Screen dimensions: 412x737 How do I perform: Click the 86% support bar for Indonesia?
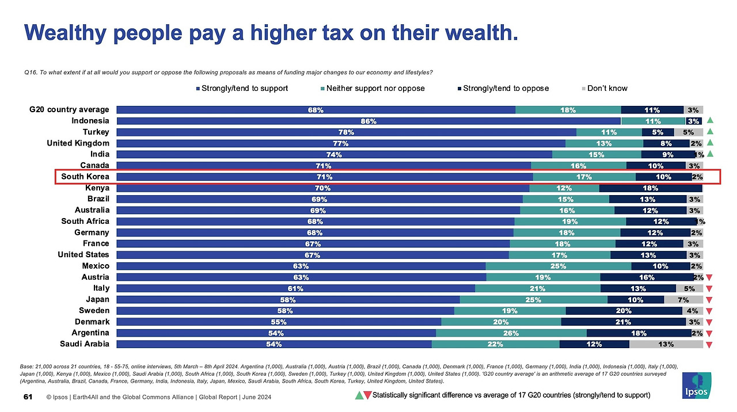368,121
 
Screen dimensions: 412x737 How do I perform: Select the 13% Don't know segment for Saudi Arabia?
666,344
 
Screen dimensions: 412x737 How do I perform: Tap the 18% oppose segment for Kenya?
651,188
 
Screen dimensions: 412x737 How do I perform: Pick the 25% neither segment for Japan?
533,300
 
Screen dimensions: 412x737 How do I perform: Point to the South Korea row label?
85,177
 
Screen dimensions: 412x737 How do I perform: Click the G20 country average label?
69,109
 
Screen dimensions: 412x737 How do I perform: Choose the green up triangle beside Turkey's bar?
710,132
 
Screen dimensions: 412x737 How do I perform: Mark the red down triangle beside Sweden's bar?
709,311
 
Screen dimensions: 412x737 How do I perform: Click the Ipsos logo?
698,384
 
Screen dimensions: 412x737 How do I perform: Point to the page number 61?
27,398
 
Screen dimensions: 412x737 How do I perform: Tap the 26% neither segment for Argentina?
511,333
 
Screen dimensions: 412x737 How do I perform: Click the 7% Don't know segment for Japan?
683,300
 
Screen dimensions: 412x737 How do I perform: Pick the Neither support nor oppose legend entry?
375,89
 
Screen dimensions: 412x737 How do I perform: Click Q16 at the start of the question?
31,73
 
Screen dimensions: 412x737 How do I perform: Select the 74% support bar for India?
334,154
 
